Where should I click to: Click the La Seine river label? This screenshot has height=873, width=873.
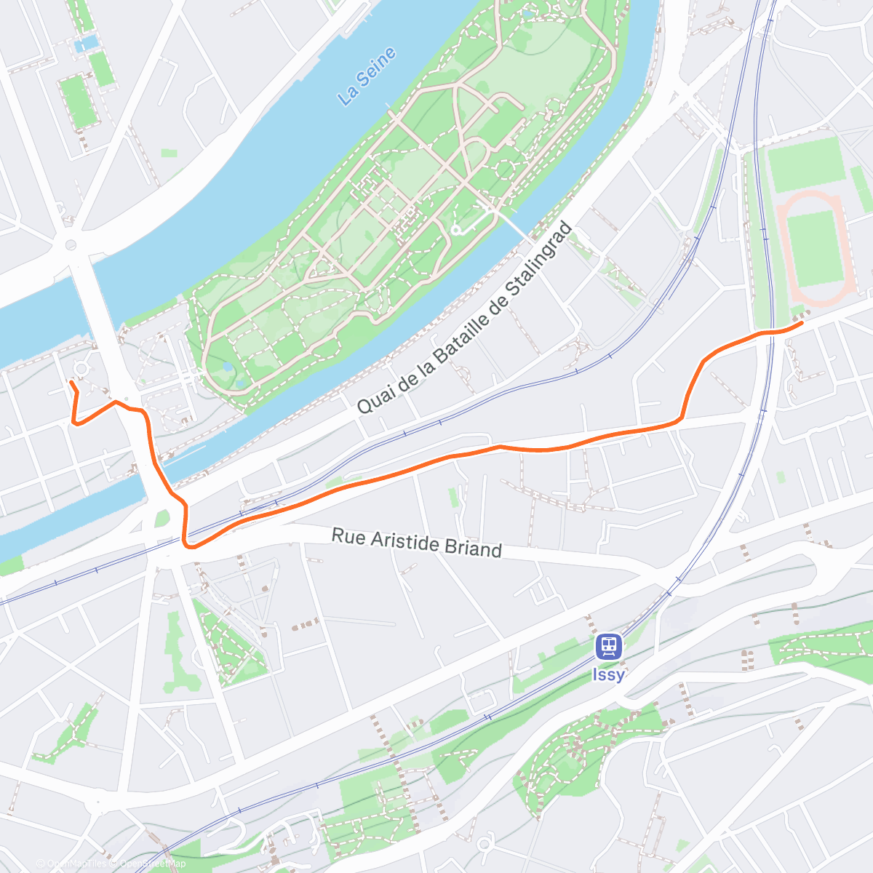(x=368, y=76)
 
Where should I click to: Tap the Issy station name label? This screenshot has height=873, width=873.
(x=608, y=675)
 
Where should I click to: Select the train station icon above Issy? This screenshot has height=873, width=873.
(x=608, y=645)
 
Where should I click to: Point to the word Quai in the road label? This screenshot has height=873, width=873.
(x=372, y=398)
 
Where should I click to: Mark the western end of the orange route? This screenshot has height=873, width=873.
(x=71, y=382)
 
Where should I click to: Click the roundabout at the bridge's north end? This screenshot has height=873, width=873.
(x=71, y=245)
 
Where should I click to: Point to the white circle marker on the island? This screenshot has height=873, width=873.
(x=455, y=230)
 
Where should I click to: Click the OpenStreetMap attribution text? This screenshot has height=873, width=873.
(x=152, y=864)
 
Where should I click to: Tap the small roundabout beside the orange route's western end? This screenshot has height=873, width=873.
(x=81, y=369)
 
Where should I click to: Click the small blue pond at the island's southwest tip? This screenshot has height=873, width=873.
(x=229, y=367)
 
